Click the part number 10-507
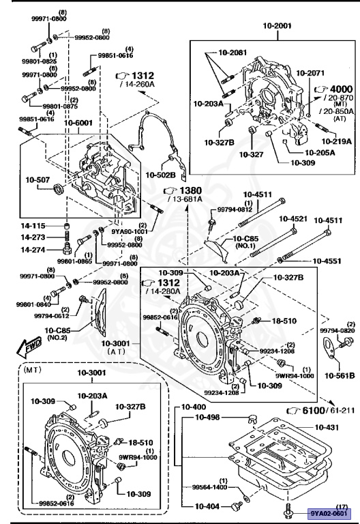click(x=37, y=181)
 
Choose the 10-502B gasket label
click(x=161, y=175)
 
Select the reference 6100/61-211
click(x=318, y=409)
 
